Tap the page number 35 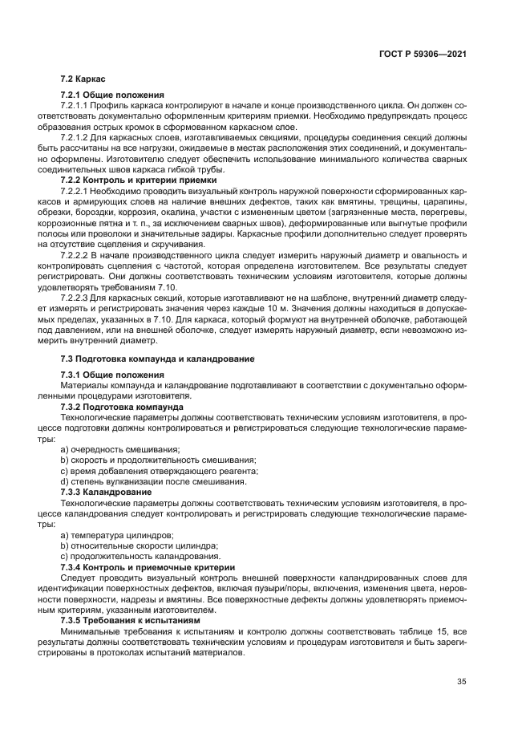click(461, 682)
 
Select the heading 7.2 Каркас click(84, 79)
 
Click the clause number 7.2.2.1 click(75, 193)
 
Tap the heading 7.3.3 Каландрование click(106, 491)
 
